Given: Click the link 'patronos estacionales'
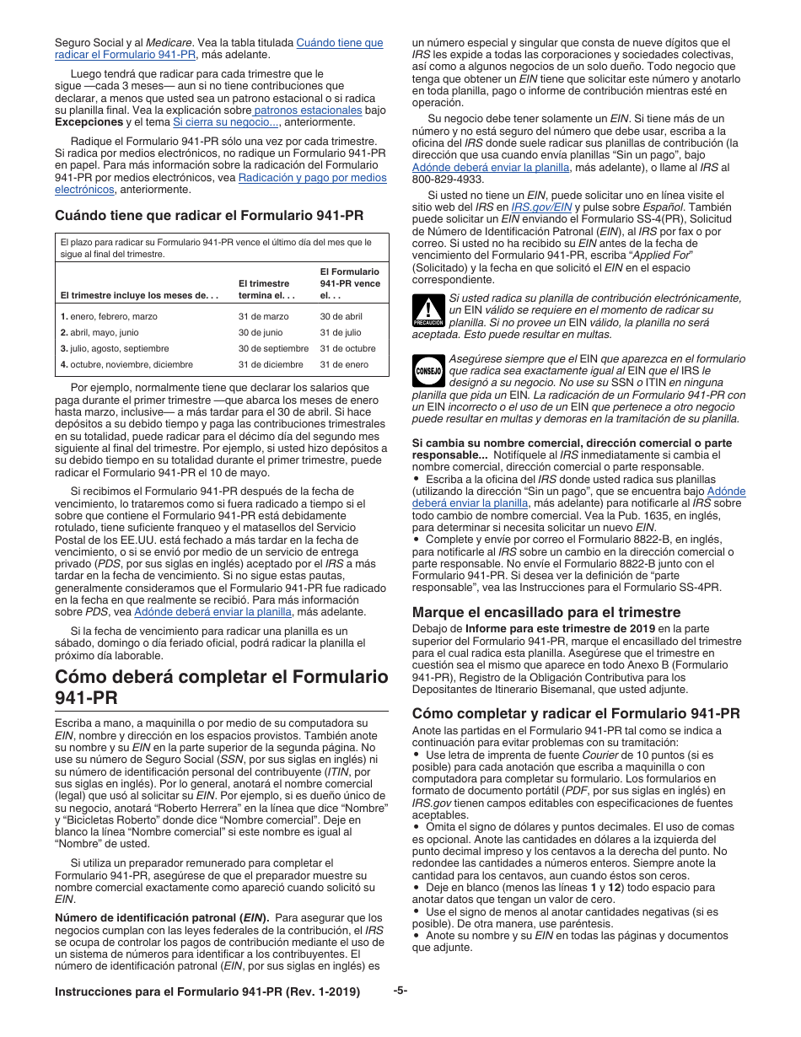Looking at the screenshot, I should click(308, 110).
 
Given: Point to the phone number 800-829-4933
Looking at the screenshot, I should click(448, 179).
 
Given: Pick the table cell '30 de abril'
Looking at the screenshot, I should click(341, 316).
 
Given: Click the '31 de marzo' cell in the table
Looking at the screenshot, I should click(262, 316).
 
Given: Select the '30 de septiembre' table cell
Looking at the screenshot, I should click(273, 348).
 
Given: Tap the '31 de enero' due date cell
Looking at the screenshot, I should click(343, 364).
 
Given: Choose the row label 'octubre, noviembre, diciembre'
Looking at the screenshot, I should click(131, 364).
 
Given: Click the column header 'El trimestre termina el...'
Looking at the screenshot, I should click(264, 289).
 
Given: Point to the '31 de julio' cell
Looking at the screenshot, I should click(340, 332).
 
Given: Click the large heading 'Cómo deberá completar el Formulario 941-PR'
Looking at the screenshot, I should click(221, 686).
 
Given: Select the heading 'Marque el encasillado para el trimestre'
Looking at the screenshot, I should click(546, 612).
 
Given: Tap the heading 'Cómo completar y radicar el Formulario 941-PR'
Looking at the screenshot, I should click(575, 713).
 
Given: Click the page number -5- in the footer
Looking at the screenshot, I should click(400, 991).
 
